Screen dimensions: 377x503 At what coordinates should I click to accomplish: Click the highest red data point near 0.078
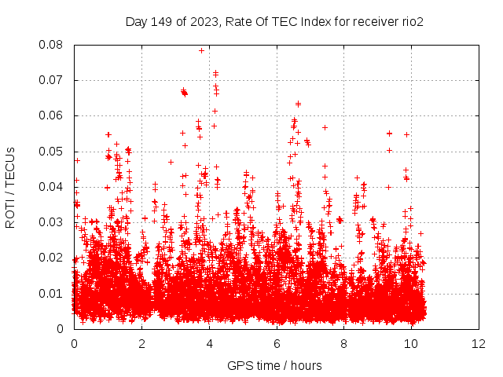202,50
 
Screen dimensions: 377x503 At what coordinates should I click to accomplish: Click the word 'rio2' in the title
411,21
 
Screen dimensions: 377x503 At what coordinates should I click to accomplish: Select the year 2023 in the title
201,21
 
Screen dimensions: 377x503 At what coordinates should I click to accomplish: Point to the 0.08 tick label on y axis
54,45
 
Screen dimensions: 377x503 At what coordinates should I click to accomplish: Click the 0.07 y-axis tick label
54,80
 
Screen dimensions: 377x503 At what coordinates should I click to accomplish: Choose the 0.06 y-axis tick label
54,115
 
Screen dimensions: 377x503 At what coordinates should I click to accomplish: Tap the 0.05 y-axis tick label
54,151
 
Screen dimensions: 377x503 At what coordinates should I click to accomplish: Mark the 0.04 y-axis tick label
54,187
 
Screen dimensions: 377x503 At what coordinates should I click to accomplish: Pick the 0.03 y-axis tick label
54,222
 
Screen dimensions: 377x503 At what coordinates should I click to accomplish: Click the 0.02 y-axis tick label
54,258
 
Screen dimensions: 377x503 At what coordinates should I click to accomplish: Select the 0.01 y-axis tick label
54,293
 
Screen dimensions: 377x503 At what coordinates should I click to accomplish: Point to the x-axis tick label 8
344,343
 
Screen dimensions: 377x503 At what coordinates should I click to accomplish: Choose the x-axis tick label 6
277,343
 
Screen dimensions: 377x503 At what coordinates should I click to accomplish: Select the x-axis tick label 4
209,343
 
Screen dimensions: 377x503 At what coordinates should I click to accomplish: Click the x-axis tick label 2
141,343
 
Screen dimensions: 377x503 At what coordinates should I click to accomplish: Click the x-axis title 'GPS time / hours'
274,365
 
